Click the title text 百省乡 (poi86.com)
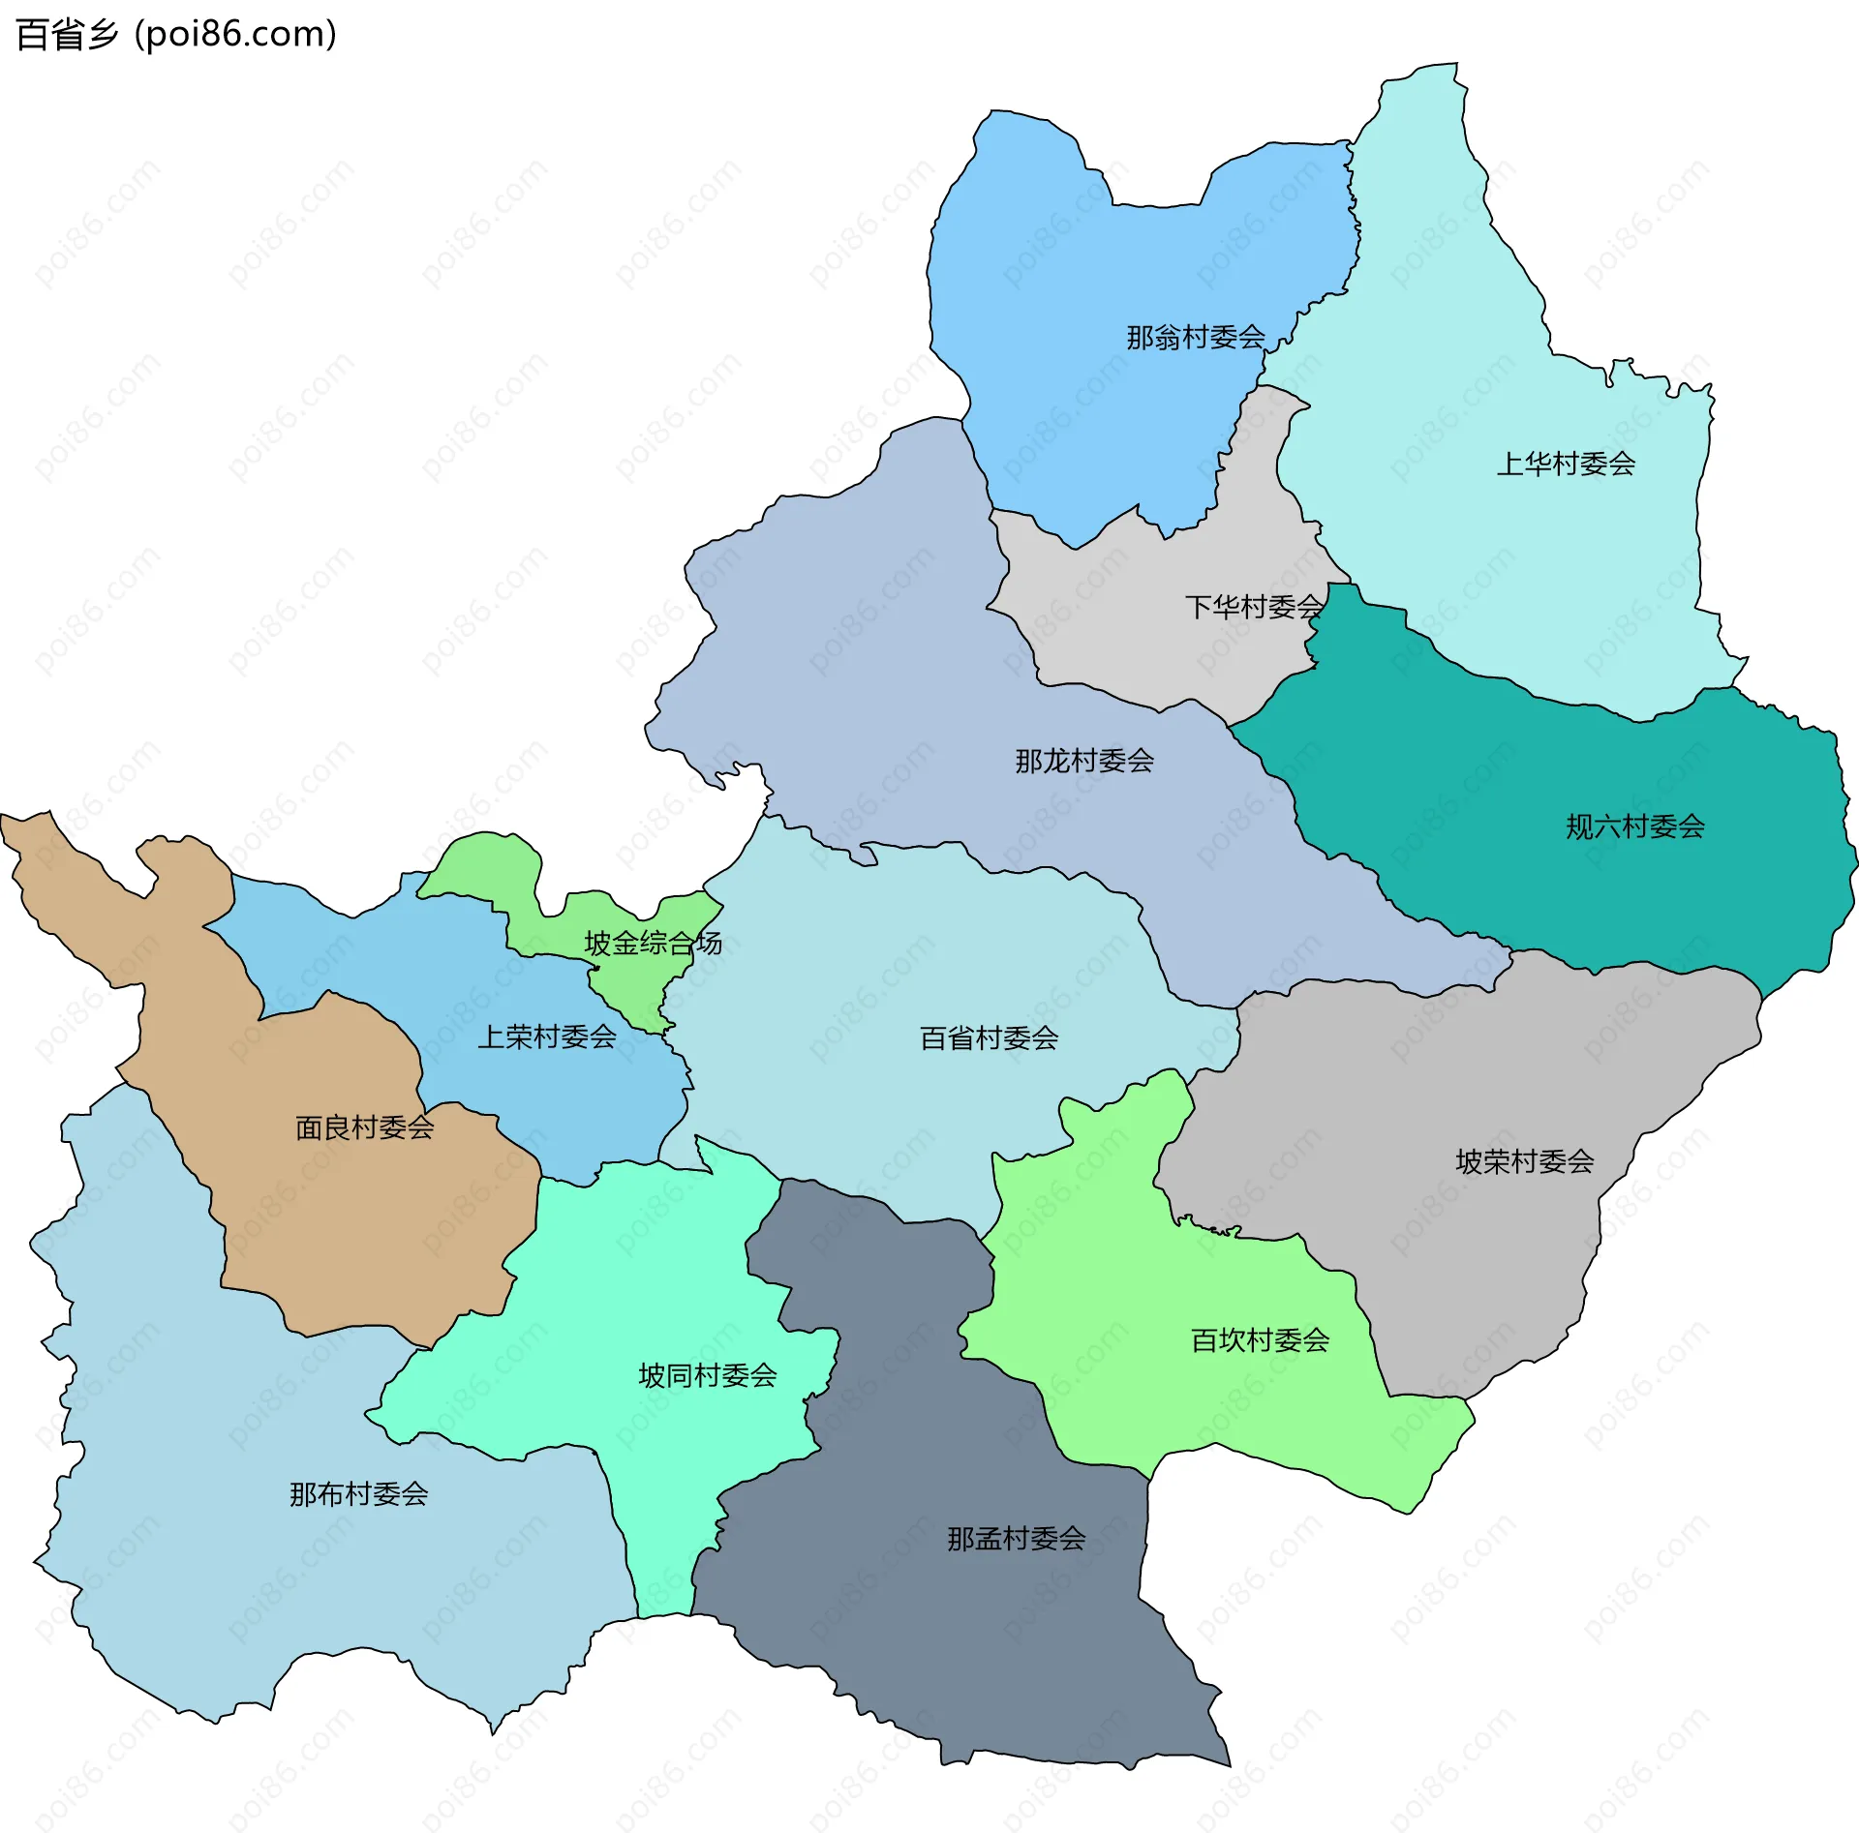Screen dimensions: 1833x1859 (x=176, y=35)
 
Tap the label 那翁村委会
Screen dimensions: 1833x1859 (x=1196, y=338)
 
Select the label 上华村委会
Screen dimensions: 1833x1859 (x=1566, y=465)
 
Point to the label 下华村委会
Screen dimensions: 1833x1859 (x=1253, y=607)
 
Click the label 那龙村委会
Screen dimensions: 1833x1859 (x=1084, y=761)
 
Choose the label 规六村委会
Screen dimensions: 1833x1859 (x=1635, y=826)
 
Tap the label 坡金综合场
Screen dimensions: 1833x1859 (x=653, y=943)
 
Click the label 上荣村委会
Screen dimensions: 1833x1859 (x=547, y=1037)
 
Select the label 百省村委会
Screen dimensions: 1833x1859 (x=989, y=1038)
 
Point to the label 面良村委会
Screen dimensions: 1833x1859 (x=365, y=1127)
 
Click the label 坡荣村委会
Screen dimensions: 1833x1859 (x=1525, y=1161)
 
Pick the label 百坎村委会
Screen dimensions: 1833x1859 (x=1260, y=1340)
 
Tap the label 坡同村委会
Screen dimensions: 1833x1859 (x=708, y=1375)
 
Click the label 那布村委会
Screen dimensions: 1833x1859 (x=359, y=1494)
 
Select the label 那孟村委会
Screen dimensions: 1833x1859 (x=1016, y=1539)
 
